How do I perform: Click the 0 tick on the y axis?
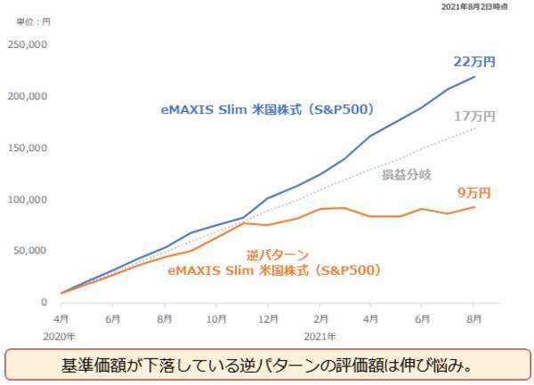(42, 302)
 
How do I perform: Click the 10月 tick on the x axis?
(215, 317)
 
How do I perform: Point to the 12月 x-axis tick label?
(267, 317)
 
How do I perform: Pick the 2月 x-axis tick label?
(320, 317)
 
